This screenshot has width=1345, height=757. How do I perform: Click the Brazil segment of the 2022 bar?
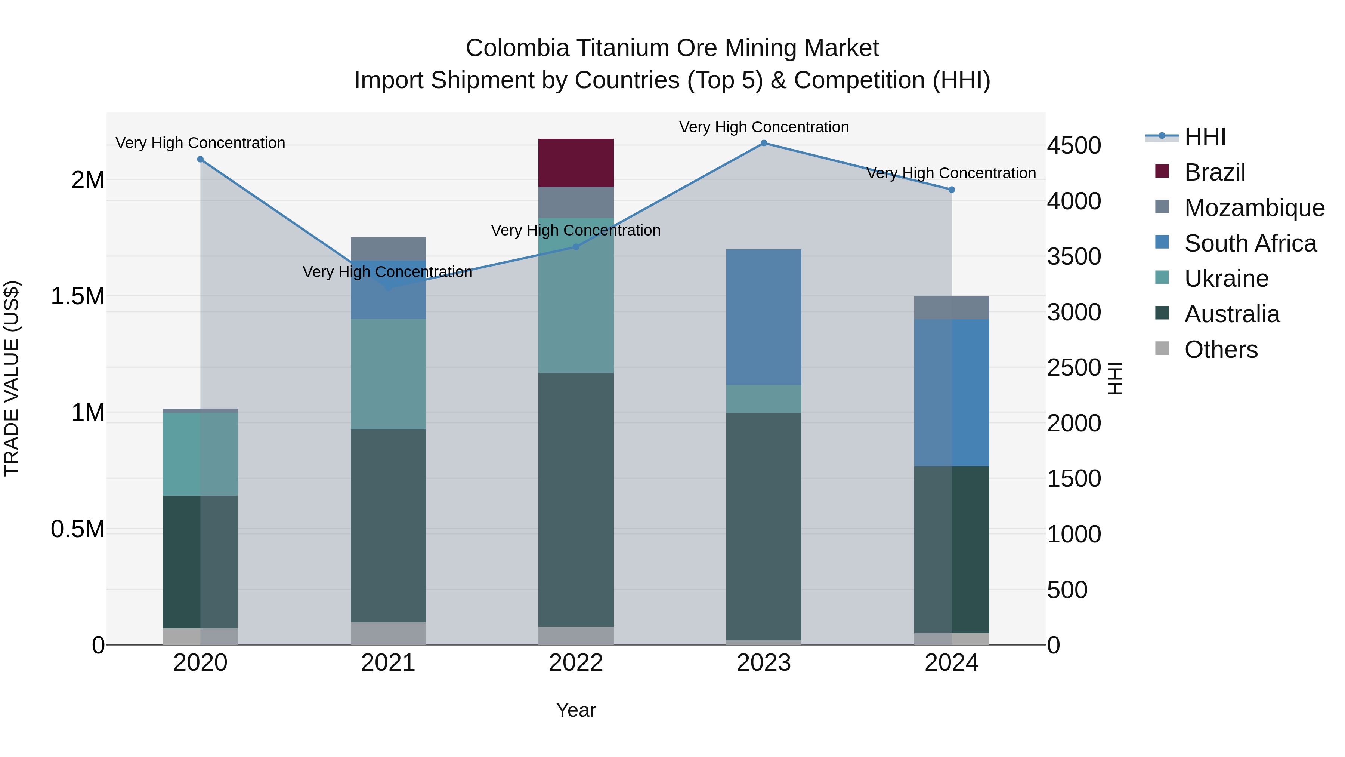[x=576, y=163]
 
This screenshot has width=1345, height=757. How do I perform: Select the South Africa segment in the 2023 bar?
[x=763, y=317]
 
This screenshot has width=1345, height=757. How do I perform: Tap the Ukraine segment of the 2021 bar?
[x=388, y=374]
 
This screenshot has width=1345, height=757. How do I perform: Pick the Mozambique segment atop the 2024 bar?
[x=951, y=308]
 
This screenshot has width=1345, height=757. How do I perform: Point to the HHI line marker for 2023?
[x=763, y=143]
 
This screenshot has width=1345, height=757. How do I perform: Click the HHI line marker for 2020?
[x=201, y=159]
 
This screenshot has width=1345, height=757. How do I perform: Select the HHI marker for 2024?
[x=951, y=190]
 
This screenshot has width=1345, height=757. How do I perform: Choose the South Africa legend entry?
[x=1250, y=243]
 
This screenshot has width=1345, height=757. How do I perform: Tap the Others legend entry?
[x=1221, y=350]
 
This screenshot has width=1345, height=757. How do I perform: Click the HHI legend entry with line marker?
[x=1205, y=137]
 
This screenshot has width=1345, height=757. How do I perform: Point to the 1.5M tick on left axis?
[x=77, y=296]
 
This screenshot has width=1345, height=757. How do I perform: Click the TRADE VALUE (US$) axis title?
[x=12, y=378]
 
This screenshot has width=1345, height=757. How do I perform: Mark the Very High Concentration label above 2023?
[x=763, y=127]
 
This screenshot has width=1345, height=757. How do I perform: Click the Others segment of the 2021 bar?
[x=388, y=633]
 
